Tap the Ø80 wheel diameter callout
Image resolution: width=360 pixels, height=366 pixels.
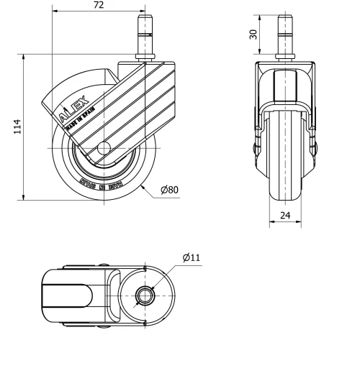coord(170,190)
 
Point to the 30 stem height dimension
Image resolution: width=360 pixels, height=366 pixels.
coord(253,35)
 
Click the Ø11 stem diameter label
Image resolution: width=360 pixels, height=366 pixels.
coord(191,257)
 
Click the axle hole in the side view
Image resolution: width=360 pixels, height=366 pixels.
coord(103,149)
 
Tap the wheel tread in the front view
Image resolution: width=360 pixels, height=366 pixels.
coord(287,165)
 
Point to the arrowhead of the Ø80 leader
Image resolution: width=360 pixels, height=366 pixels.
coord(142,184)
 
